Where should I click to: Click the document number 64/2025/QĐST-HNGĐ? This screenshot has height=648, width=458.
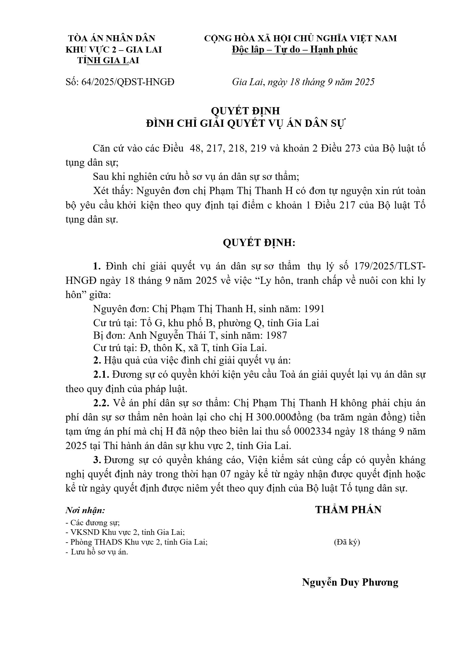pyautogui.click(x=120, y=82)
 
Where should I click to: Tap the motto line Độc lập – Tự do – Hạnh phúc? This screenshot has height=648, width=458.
pyautogui.click(x=295, y=50)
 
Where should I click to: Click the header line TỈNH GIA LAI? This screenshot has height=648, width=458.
pyautogui.click(x=108, y=61)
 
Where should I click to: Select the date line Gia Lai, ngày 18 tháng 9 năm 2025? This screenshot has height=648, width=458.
pyautogui.click(x=303, y=82)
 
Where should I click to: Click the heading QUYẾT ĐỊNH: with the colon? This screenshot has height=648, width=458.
pyautogui.click(x=259, y=243)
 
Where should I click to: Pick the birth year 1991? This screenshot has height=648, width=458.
pyautogui.click(x=314, y=309)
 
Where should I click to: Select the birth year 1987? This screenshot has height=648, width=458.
pyautogui.click(x=276, y=335)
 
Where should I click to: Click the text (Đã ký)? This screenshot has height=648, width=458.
pyautogui.click(x=347, y=542)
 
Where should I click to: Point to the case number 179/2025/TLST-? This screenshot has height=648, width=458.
pyautogui.click(x=388, y=266)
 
